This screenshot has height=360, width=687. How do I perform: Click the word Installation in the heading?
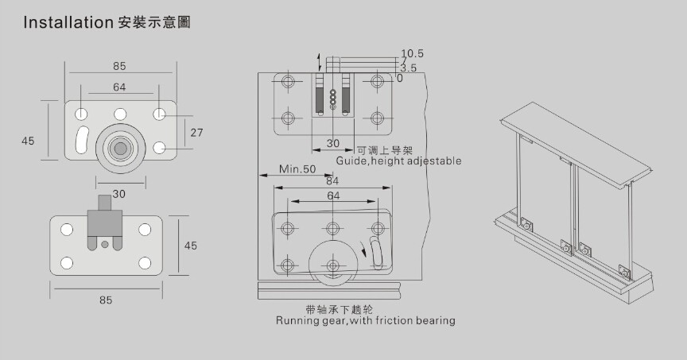click(x=68, y=23)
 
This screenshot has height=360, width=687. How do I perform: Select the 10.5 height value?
click(x=413, y=54)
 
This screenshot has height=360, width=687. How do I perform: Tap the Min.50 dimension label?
click(x=297, y=169)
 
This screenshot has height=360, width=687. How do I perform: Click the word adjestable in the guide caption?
click(x=433, y=161)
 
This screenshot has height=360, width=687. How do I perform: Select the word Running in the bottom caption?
click(x=297, y=321)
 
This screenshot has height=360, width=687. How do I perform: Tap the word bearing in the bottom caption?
click(x=434, y=321)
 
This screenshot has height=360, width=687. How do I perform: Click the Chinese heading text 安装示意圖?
click(x=154, y=23)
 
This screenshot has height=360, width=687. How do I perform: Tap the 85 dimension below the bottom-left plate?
click(x=106, y=300)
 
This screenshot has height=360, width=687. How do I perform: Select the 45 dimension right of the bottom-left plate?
click(x=190, y=246)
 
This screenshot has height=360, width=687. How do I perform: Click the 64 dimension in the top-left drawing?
click(x=120, y=87)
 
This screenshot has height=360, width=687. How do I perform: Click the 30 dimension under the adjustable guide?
click(x=333, y=144)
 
